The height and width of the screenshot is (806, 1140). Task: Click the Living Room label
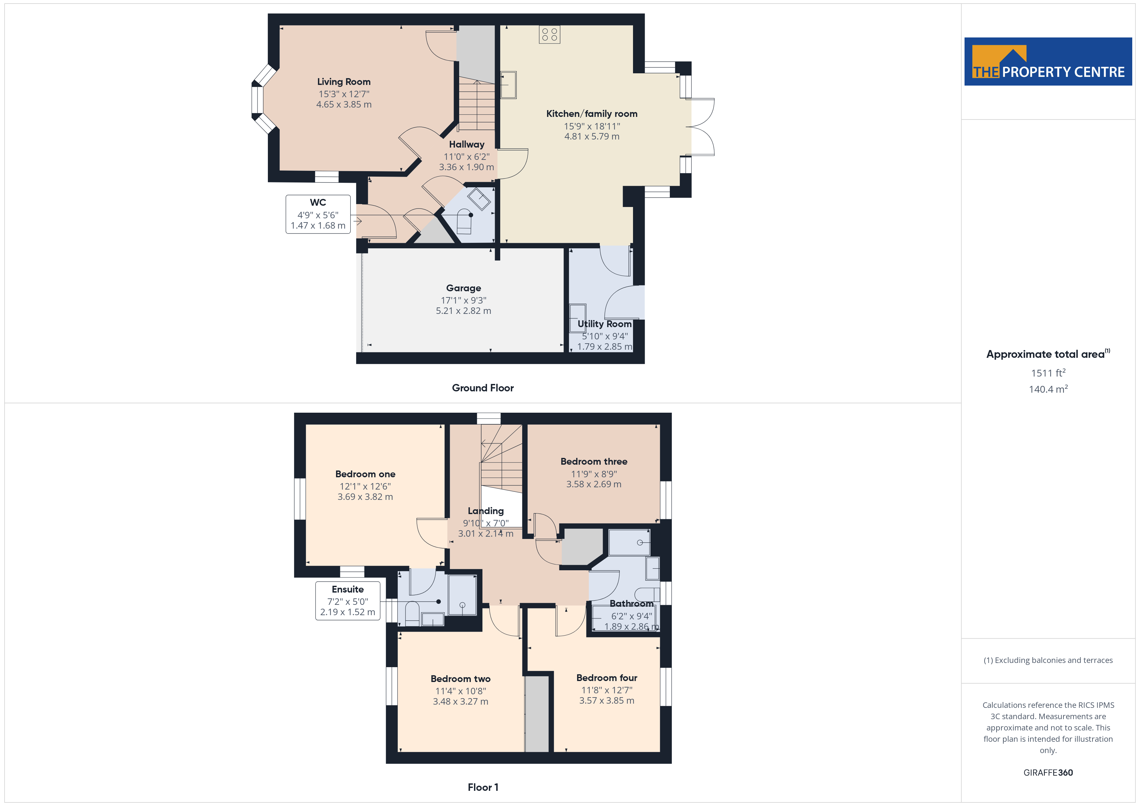click(343, 82)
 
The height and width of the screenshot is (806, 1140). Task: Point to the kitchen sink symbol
click(508, 85)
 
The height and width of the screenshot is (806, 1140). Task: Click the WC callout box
click(318, 214)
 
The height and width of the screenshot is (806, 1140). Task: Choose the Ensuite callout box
click(348, 601)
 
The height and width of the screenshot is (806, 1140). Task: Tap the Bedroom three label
click(594, 461)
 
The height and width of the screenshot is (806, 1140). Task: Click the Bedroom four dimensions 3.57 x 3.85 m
click(607, 700)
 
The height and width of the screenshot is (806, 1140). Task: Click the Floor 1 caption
click(483, 787)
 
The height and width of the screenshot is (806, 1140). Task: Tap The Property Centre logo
click(1048, 62)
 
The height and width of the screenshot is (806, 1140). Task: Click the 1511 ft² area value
click(1048, 373)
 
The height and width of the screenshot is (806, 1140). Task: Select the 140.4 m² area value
click(1048, 389)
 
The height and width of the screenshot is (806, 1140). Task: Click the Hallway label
click(467, 144)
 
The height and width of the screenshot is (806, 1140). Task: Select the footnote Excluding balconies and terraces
click(1048, 660)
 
